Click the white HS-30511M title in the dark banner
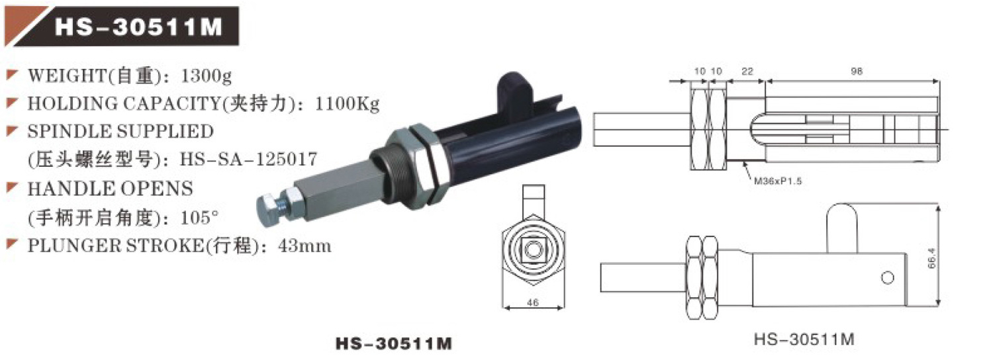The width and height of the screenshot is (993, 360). (136, 27)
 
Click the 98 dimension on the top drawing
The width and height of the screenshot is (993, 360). (858, 70)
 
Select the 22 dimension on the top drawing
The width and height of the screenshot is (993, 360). (746, 70)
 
